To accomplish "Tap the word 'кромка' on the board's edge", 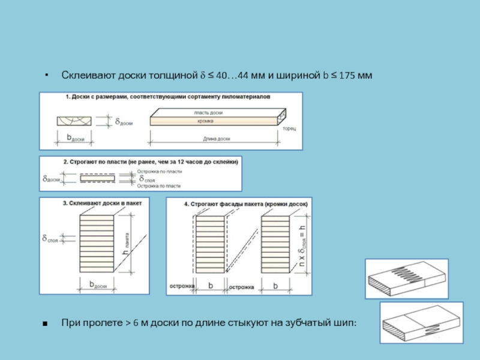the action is point(205,121).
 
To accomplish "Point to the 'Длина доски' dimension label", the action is point(217,139).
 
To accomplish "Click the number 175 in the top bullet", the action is point(347,76).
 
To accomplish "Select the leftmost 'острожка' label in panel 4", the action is point(182,286).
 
